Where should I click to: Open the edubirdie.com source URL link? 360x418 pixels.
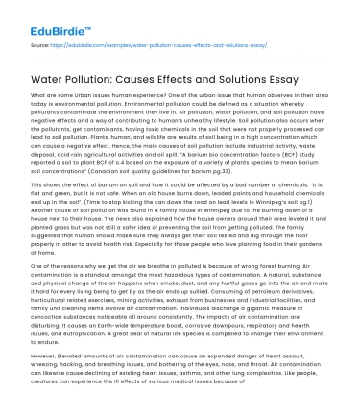[x=143, y=45]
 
